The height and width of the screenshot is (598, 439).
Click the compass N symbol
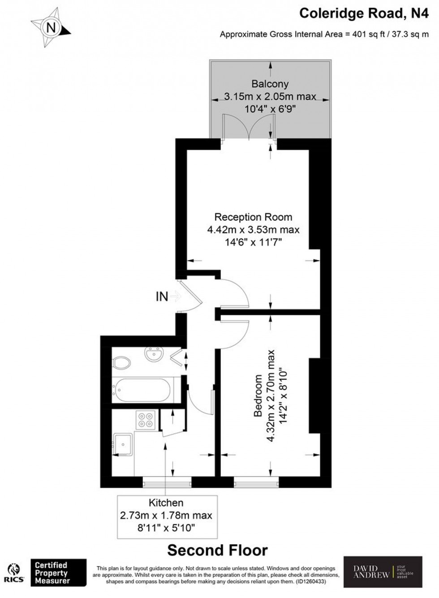pos(51,28)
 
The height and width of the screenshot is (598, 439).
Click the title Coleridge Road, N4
pos(364,13)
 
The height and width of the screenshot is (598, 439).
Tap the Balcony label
pos(270,84)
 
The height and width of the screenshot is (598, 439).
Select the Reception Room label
pos(253,217)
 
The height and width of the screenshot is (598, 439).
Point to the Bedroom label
pos(258,396)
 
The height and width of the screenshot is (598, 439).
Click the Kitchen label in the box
pos(166,503)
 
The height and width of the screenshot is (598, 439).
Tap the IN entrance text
pos(162,296)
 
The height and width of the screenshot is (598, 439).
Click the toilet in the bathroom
pos(121,362)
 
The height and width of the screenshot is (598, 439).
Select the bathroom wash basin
pos(154,354)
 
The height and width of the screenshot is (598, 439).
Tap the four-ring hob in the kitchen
pos(146,420)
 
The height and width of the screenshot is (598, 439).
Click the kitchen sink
pos(122,444)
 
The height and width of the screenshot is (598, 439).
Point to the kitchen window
pos(167,482)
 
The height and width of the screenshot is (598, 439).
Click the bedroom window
pos(256,482)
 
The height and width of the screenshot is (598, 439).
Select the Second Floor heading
pos(218,550)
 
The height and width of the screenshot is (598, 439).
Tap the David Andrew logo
pos(383,572)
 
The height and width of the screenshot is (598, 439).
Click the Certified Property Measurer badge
pos(58,572)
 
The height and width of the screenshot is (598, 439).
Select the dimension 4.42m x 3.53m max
pos(253,230)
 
